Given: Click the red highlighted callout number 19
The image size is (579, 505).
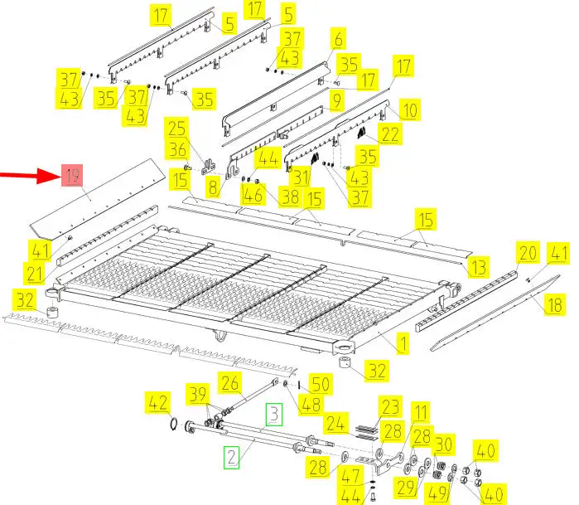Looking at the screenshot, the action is (x=72, y=175).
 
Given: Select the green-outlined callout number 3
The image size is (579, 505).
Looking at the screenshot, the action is (x=274, y=415).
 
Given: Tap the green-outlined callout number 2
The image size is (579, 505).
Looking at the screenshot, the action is (x=232, y=457).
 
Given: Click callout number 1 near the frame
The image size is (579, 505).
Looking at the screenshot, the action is (x=403, y=343).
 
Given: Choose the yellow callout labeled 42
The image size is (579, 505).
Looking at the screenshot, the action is (x=158, y=402).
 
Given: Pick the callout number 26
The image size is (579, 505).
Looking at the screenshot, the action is (x=229, y=382).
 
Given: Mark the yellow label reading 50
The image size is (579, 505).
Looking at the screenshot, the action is (x=321, y=384).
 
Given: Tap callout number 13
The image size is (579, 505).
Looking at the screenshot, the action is (x=478, y=267).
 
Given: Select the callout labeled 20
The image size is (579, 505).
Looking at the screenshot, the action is (x=528, y=253).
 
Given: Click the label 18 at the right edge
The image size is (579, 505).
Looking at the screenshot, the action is (x=555, y=304).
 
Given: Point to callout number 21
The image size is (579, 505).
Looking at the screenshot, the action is (x=35, y=274).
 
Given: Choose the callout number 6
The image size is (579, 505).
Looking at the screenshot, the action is (x=338, y=38).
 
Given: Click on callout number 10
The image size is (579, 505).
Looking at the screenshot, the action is (x=410, y=109).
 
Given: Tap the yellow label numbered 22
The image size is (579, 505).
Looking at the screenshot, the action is (x=390, y=134).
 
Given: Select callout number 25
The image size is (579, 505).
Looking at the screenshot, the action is (x=176, y=129).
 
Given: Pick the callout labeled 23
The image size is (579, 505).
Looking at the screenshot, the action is (x=390, y=406).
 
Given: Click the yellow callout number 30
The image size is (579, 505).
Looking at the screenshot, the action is (x=443, y=444).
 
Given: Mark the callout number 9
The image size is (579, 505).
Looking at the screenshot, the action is (x=336, y=100).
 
